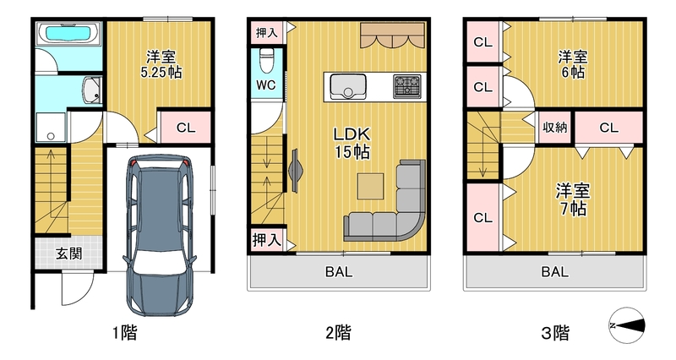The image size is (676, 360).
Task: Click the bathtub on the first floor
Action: [69, 33]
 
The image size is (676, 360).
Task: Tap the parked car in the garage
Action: [160, 234]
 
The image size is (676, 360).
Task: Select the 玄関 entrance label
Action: [69, 254]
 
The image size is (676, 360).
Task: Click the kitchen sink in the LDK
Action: [347, 85]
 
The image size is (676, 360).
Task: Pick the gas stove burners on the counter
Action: [407, 86]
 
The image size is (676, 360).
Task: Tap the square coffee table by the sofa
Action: [370, 186]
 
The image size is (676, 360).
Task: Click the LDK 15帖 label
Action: [352, 143]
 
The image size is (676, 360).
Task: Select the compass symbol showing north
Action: [627, 325]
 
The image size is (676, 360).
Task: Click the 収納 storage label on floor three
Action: [555, 128]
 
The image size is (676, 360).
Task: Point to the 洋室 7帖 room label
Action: [573, 199]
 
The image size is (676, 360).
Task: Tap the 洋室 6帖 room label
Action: [573, 64]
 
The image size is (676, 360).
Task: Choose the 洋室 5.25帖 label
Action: [161, 64]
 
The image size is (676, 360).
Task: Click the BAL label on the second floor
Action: [339, 271]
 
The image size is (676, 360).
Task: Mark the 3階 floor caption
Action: [555, 332]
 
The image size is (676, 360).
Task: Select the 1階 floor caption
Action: [124, 332]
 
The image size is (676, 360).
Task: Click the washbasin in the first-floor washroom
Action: [91, 90]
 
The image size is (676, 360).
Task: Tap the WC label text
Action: [265, 85]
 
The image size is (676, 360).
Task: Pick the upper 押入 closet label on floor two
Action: [266, 32]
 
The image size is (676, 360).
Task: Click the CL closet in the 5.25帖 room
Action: [186, 128]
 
